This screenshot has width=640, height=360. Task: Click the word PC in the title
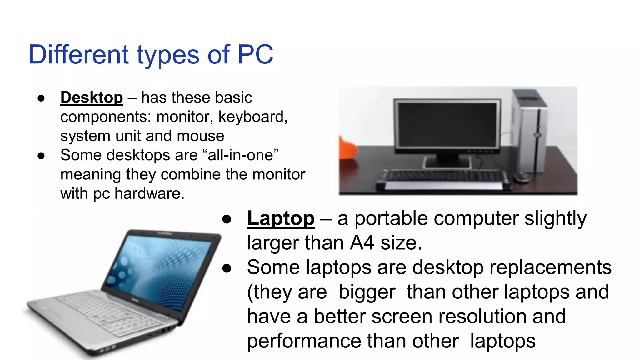[255, 55]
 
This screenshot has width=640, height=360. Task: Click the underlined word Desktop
[92, 97]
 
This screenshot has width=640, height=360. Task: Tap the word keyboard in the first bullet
[252, 117]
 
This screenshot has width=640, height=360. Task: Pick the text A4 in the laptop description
[362, 243]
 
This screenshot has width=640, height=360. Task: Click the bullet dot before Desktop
[41, 98]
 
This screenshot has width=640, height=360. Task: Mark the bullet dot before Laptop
[227, 219]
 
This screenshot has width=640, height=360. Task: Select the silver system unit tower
[530, 131]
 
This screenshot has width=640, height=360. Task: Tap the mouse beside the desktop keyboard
[521, 177]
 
